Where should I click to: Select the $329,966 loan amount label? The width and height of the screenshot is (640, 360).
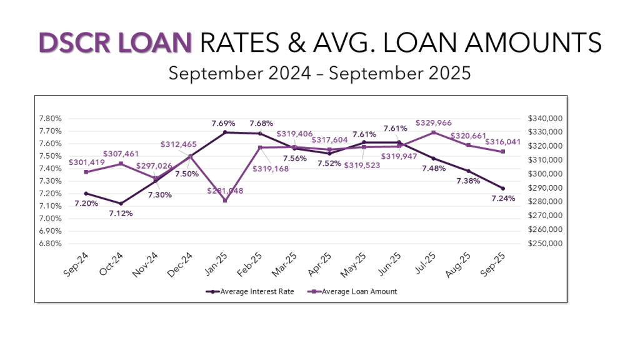434,123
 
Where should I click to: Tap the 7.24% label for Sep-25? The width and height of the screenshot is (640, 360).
504,198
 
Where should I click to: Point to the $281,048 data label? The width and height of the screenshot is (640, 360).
225,190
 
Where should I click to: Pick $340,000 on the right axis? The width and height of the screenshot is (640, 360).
546,119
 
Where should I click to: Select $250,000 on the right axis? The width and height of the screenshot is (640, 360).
546,244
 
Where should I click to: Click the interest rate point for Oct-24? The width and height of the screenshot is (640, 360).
121,204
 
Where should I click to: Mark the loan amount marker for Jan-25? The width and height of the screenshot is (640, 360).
225,201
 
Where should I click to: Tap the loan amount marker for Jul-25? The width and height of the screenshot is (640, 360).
433,132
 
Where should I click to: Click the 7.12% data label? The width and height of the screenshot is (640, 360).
120,213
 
